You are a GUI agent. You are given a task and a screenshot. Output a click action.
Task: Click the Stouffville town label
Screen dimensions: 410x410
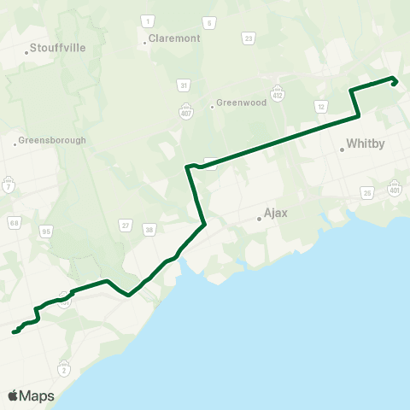tap(57, 49)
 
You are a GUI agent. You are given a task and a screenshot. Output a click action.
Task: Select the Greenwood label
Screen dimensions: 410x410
tap(240, 102)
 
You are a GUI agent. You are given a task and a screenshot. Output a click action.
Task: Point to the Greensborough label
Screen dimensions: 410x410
tap(52, 140)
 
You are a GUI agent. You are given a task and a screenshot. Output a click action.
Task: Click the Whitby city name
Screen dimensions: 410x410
tap(361, 145)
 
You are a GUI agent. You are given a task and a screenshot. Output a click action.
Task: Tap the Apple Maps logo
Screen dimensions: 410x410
tap(31, 395)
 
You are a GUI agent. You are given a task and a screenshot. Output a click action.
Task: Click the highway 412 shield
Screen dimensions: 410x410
tap(278, 91)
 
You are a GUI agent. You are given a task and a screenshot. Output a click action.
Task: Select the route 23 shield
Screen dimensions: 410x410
tap(249, 38)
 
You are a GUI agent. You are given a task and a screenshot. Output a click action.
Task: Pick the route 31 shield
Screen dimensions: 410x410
tap(184, 85)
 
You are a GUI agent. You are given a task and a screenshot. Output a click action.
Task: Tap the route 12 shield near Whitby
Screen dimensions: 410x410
tap(321, 106)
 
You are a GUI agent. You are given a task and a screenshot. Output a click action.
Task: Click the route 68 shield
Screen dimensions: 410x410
tap(15, 224)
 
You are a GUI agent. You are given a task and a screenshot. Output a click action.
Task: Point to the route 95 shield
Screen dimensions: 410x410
tap(46, 231)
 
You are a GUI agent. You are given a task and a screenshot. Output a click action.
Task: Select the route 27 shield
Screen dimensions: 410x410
tap(126, 226)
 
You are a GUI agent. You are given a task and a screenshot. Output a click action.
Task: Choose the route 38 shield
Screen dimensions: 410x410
tap(149, 229)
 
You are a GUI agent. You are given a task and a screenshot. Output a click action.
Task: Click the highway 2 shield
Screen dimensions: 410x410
tap(64, 369)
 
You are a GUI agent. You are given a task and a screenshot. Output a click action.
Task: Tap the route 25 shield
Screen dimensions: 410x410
tap(368, 194)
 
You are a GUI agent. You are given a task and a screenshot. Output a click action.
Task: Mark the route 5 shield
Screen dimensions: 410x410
tap(209, 22)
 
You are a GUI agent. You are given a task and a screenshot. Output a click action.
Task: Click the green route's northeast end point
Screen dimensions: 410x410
tap(393, 83)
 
